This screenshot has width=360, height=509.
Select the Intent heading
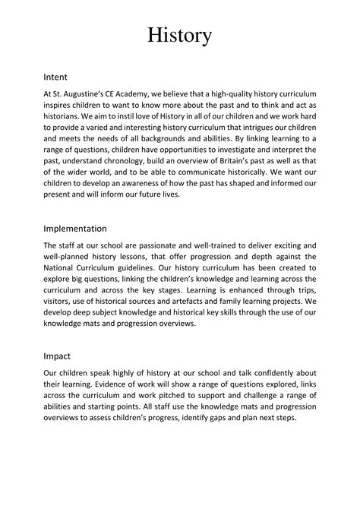(x=57, y=77)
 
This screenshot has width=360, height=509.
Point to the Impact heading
(x=58, y=355)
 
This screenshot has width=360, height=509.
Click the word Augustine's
(x=90, y=91)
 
